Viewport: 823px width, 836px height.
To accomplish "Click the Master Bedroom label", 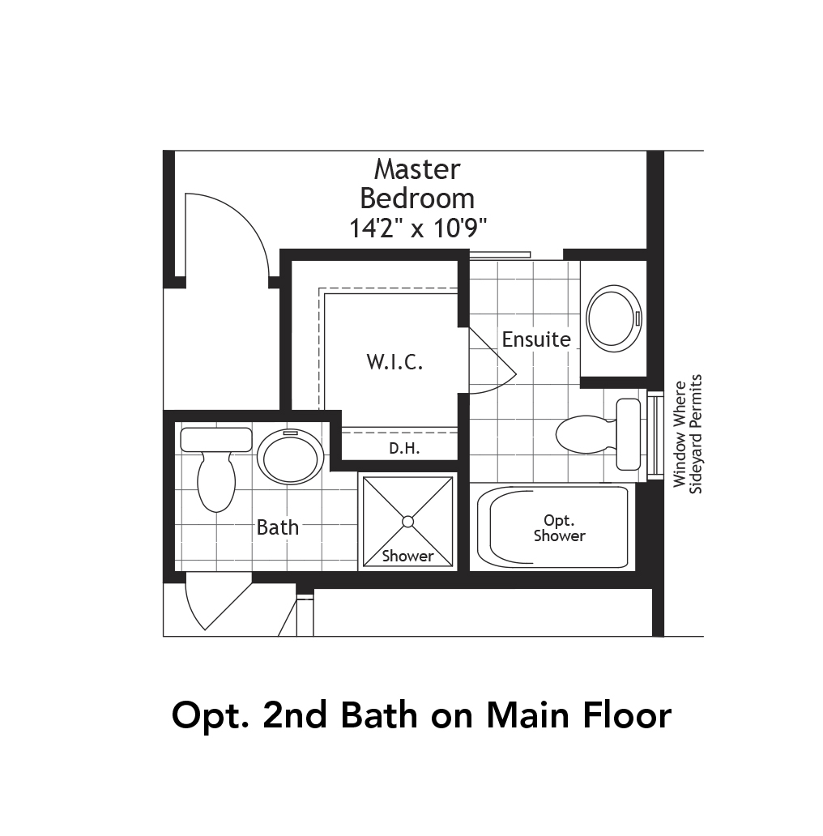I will [417, 183].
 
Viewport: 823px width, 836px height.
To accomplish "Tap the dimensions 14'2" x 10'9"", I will [417, 228].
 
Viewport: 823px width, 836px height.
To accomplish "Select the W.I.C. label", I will [394, 362].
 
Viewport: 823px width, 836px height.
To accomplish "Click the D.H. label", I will [403, 448].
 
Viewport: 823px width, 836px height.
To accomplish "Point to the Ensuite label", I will [536, 339].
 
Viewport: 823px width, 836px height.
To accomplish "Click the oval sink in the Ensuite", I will [612, 317].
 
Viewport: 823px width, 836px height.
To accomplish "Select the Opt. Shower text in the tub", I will [559, 527].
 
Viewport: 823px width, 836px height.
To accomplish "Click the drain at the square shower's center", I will [408, 521].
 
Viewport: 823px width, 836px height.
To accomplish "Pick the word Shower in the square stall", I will [408, 556].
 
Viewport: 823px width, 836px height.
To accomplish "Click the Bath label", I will [278, 527].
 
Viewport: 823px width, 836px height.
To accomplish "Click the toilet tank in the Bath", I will [215, 440].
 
